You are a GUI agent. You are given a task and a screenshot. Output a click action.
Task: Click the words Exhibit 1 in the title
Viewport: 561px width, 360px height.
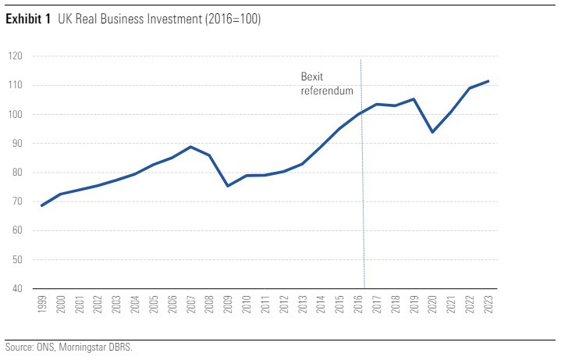(28, 20)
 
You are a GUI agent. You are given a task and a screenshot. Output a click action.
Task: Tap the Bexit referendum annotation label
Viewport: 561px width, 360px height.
(327, 84)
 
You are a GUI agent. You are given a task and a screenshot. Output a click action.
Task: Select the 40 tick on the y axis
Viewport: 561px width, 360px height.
(17, 289)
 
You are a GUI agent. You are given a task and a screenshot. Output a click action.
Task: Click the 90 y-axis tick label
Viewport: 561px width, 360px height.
(17, 144)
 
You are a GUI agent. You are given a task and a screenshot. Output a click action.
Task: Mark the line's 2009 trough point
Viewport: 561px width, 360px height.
(228, 186)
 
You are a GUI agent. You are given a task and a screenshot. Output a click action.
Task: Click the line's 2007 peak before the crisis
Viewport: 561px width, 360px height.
(191, 147)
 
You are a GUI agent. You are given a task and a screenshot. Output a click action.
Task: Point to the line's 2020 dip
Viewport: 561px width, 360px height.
(432, 132)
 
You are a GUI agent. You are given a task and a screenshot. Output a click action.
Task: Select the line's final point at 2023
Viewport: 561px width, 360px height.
(488, 81)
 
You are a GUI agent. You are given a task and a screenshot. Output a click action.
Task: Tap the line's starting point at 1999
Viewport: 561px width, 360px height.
(42, 205)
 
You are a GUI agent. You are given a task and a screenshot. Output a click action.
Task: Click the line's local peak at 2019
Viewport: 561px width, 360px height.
(414, 99)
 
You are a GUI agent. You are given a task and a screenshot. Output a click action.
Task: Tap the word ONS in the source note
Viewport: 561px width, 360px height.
(42, 347)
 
